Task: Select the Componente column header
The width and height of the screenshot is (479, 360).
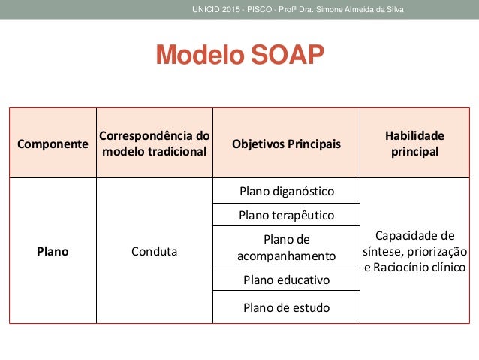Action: pyautogui.click(x=53, y=144)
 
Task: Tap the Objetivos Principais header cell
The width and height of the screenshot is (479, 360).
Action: pyautogui.click(x=286, y=144)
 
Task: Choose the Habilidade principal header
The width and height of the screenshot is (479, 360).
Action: pyautogui.click(x=414, y=143)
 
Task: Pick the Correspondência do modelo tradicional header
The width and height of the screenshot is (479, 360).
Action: pyautogui.click(x=154, y=144)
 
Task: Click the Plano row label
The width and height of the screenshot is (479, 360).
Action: pyautogui.click(x=53, y=252)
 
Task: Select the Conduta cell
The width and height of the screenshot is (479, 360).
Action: pyautogui.click(x=154, y=252)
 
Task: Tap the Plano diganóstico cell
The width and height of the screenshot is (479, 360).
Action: pyautogui.click(x=286, y=191)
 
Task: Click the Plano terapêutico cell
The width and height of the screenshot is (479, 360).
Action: pyautogui.click(x=286, y=216)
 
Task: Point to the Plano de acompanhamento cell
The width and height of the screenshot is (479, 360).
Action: pyautogui.click(x=286, y=248)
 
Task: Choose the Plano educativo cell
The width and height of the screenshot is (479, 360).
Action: pyautogui.click(x=286, y=280)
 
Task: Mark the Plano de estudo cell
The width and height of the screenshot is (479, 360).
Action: pyautogui.click(x=286, y=307)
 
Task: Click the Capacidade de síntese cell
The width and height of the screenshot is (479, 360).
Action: pyautogui.click(x=414, y=250)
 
